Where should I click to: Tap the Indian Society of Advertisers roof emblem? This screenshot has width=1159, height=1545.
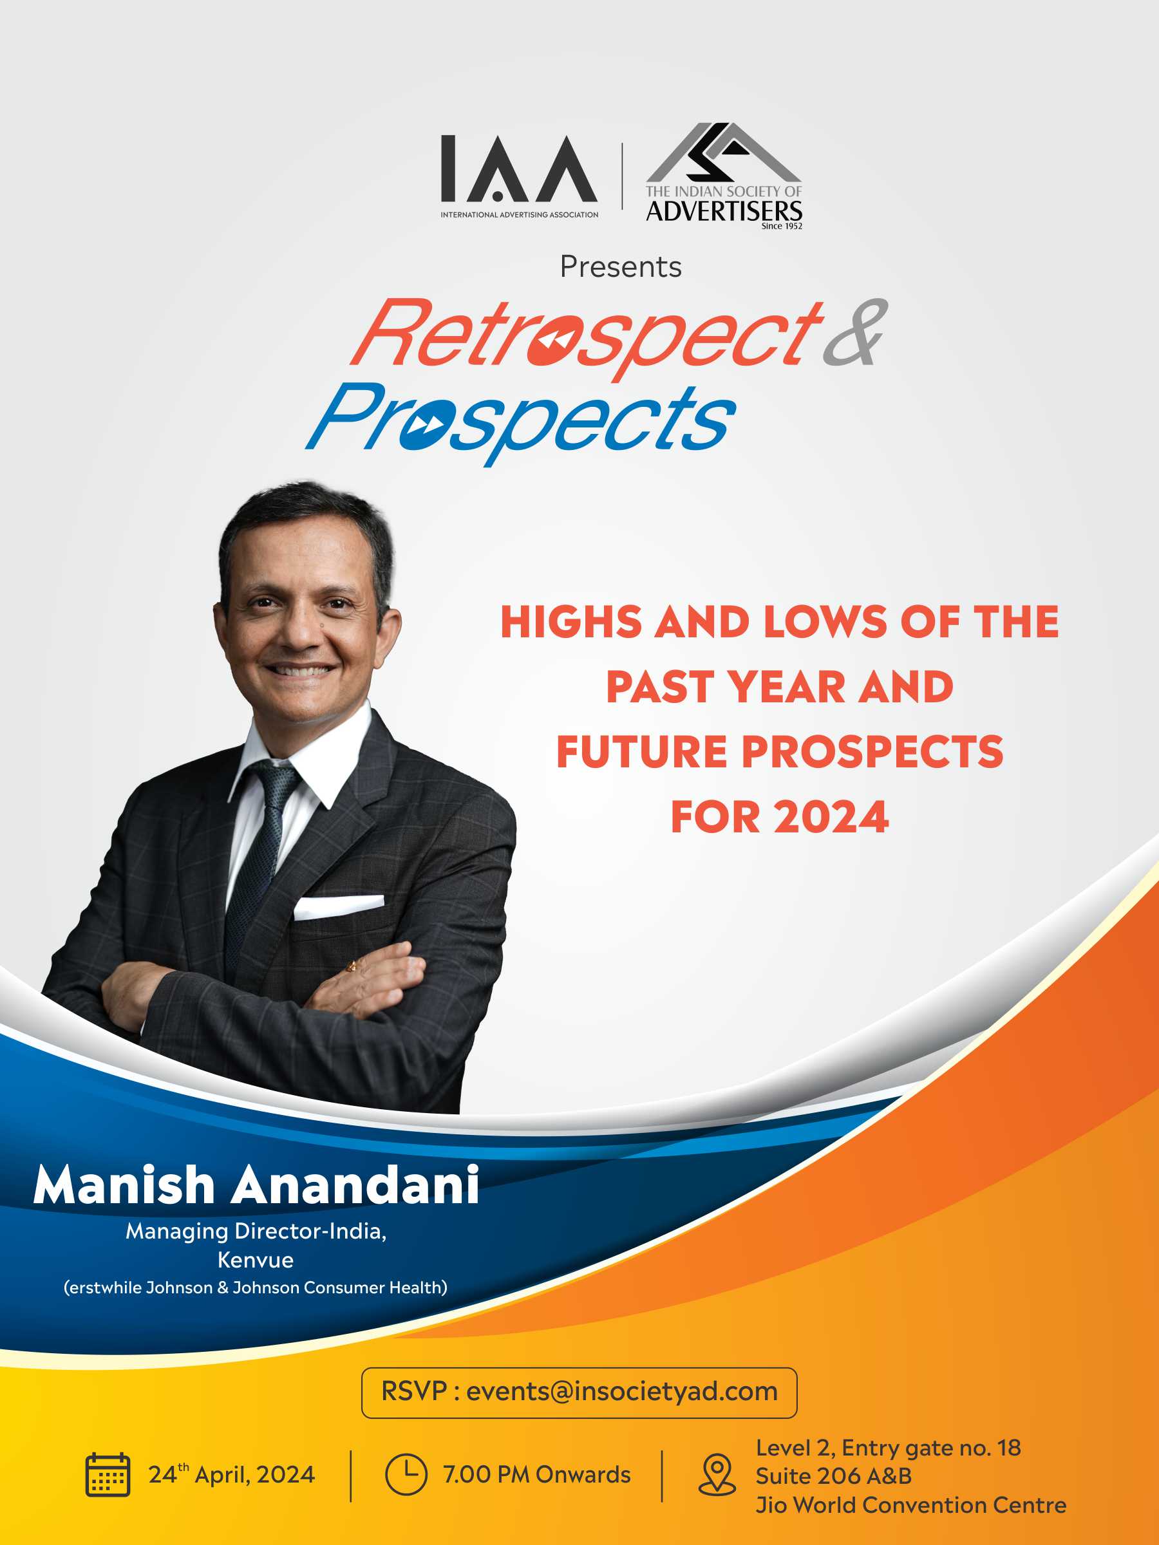tap(724, 154)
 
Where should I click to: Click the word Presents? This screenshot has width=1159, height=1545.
tap(620, 267)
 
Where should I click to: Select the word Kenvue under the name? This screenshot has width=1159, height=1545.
tap(256, 1260)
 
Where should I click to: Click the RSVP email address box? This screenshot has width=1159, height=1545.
tap(579, 1392)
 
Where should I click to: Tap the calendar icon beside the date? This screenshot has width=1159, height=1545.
tap(108, 1474)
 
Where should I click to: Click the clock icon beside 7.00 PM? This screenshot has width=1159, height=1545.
tap(406, 1474)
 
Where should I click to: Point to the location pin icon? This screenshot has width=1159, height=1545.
tap(717, 1474)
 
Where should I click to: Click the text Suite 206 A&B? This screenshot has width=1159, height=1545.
tap(834, 1476)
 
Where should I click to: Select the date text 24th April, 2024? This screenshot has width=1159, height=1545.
tap(231, 1474)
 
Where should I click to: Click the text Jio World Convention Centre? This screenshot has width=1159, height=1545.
tap(911, 1504)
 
